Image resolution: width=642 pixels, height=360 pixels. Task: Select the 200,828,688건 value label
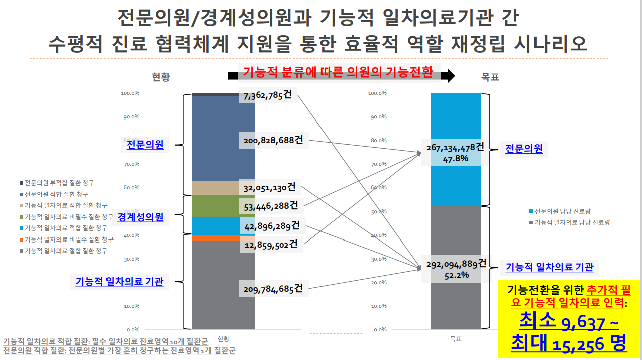[274, 141]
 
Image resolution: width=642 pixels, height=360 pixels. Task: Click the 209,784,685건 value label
[273, 289]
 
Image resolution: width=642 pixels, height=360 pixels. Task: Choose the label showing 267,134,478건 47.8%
[455, 152]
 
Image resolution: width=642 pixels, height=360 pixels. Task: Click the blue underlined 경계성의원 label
[140, 217]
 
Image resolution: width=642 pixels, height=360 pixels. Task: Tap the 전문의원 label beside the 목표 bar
[523, 148]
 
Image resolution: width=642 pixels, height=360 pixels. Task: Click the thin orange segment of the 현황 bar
[223, 238]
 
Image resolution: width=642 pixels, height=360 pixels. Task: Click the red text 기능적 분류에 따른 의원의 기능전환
[338, 72]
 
